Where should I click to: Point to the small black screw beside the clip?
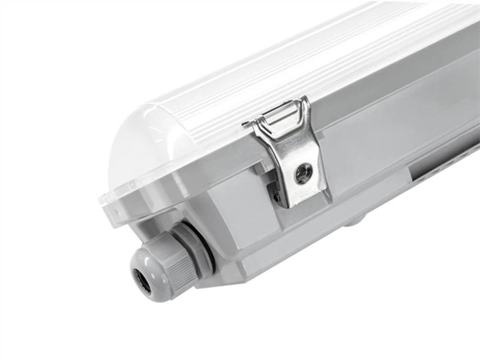click(x=277, y=196)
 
